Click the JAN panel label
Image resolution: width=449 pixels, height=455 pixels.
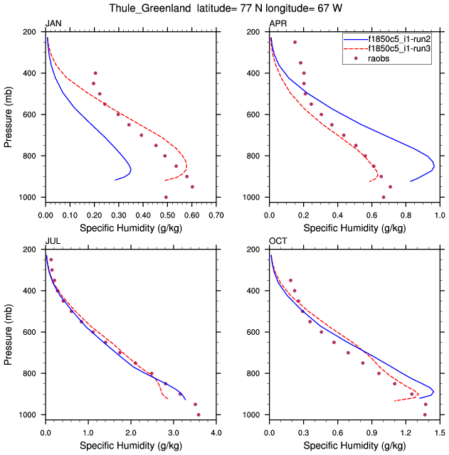[x=53, y=24]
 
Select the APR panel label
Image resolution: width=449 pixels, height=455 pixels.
[x=278, y=24]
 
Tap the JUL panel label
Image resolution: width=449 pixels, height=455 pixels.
[x=52, y=242]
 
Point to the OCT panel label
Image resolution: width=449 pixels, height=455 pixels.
[x=278, y=242]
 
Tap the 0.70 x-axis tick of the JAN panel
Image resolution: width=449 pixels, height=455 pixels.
[x=216, y=214]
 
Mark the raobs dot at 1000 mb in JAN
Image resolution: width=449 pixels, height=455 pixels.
[x=166, y=197]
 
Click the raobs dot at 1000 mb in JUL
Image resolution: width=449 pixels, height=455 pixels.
[x=199, y=414]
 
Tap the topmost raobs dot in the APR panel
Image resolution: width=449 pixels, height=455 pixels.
[x=295, y=42]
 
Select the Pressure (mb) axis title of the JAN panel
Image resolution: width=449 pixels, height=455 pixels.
[x=9, y=114]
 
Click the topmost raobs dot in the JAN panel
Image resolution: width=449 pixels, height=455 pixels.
[x=95, y=73]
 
